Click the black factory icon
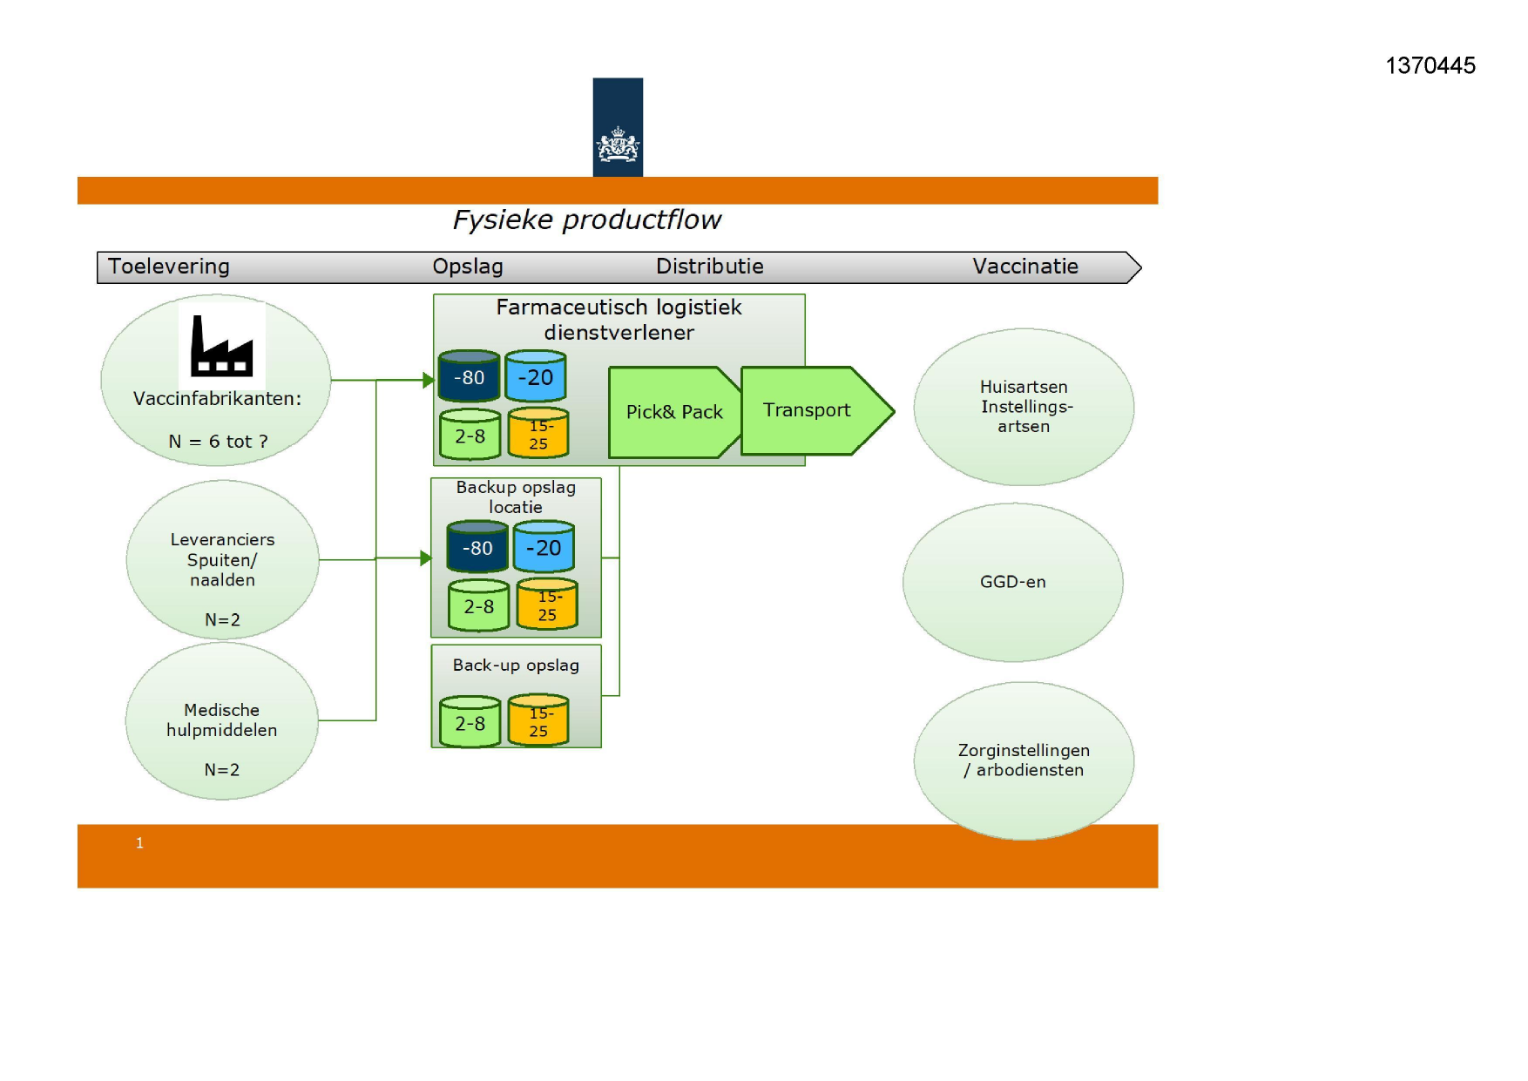tap(221, 346)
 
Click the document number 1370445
tap(1430, 65)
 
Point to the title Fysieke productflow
tap(586, 220)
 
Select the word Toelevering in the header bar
tap(168, 267)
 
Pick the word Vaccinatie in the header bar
tap(1025, 267)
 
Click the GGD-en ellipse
tap(1012, 582)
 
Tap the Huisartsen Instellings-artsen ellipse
tap(1024, 407)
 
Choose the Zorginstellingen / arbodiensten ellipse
tap(1024, 760)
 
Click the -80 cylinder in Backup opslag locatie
tap(477, 546)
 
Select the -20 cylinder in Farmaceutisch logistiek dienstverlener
tap(536, 376)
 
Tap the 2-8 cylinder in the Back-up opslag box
tap(470, 721)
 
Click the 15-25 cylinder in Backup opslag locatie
tap(547, 604)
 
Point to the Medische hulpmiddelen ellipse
tap(221, 721)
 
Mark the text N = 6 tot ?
tap(218, 442)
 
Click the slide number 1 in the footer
tap(139, 842)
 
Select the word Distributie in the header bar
tap(710, 267)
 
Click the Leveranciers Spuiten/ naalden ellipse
tap(222, 560)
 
